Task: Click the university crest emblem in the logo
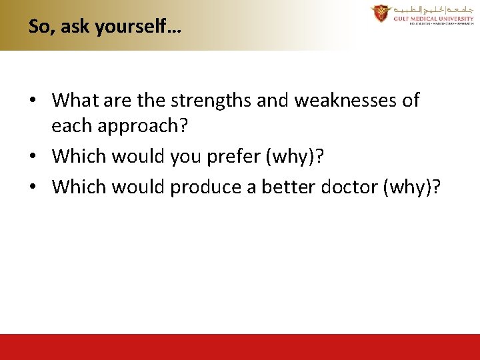pyautogui.click(x=381, y=14)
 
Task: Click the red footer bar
pyautogui.click(x=240, y=347)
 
